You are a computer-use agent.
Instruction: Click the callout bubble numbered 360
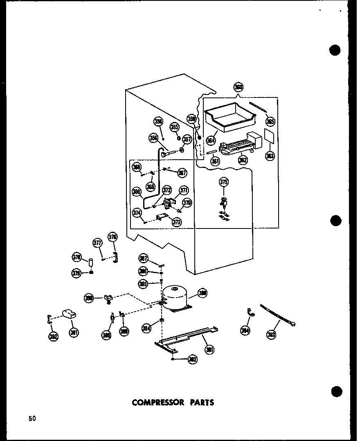[238, 87]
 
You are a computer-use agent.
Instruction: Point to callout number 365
[270, 121]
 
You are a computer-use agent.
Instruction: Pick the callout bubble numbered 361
[215, 161]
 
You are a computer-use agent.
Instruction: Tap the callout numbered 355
[175, 127]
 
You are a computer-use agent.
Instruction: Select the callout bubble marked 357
[187, 140]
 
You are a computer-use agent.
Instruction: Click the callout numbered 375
[224, 182]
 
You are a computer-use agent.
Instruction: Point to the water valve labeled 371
[168, 202]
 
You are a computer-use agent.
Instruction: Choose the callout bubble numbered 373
[177, 222]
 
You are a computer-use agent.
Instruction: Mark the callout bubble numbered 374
[137, 213]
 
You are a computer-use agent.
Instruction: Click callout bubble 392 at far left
[54, 336]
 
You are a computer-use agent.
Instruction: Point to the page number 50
[32, 418]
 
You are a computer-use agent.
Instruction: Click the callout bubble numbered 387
[143, 258]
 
